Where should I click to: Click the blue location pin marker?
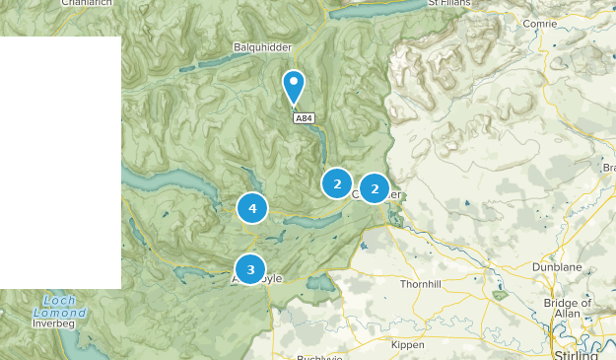pos(293,86)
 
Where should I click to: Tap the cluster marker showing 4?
pos(252,208)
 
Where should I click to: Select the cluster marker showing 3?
pos(250,268)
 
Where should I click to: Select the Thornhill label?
pos(423,284)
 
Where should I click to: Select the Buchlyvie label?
pos(322,356)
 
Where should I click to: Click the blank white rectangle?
pos(60,163)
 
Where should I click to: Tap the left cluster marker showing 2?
pos(337,183)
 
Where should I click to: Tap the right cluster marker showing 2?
pos(375,187)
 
